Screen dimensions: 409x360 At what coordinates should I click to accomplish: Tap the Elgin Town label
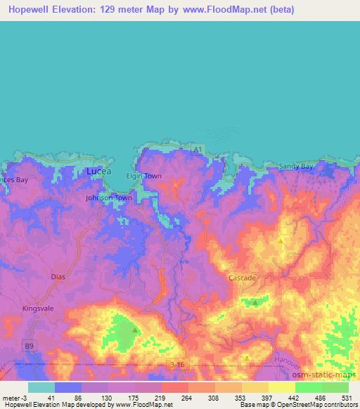tap(143, 176)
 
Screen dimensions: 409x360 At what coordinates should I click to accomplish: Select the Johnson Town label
tap(108, 198)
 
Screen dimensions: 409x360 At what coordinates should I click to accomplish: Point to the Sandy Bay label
tap(297, 167)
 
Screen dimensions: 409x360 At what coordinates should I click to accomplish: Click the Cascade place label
tap(242, 278)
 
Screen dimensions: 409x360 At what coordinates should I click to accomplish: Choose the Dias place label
tap(58, 277)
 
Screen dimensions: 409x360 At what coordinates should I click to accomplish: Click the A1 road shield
tap(198, 149)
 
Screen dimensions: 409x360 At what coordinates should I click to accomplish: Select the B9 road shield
tap(29, 346)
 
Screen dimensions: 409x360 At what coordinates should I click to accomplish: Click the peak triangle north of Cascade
tap(281, 240)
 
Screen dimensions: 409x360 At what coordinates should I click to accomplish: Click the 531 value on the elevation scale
tap(346, 398)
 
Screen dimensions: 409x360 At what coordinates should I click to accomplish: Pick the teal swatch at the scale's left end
tap(41, 387)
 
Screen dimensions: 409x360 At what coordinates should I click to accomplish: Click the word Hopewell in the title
tap(30, 10)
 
